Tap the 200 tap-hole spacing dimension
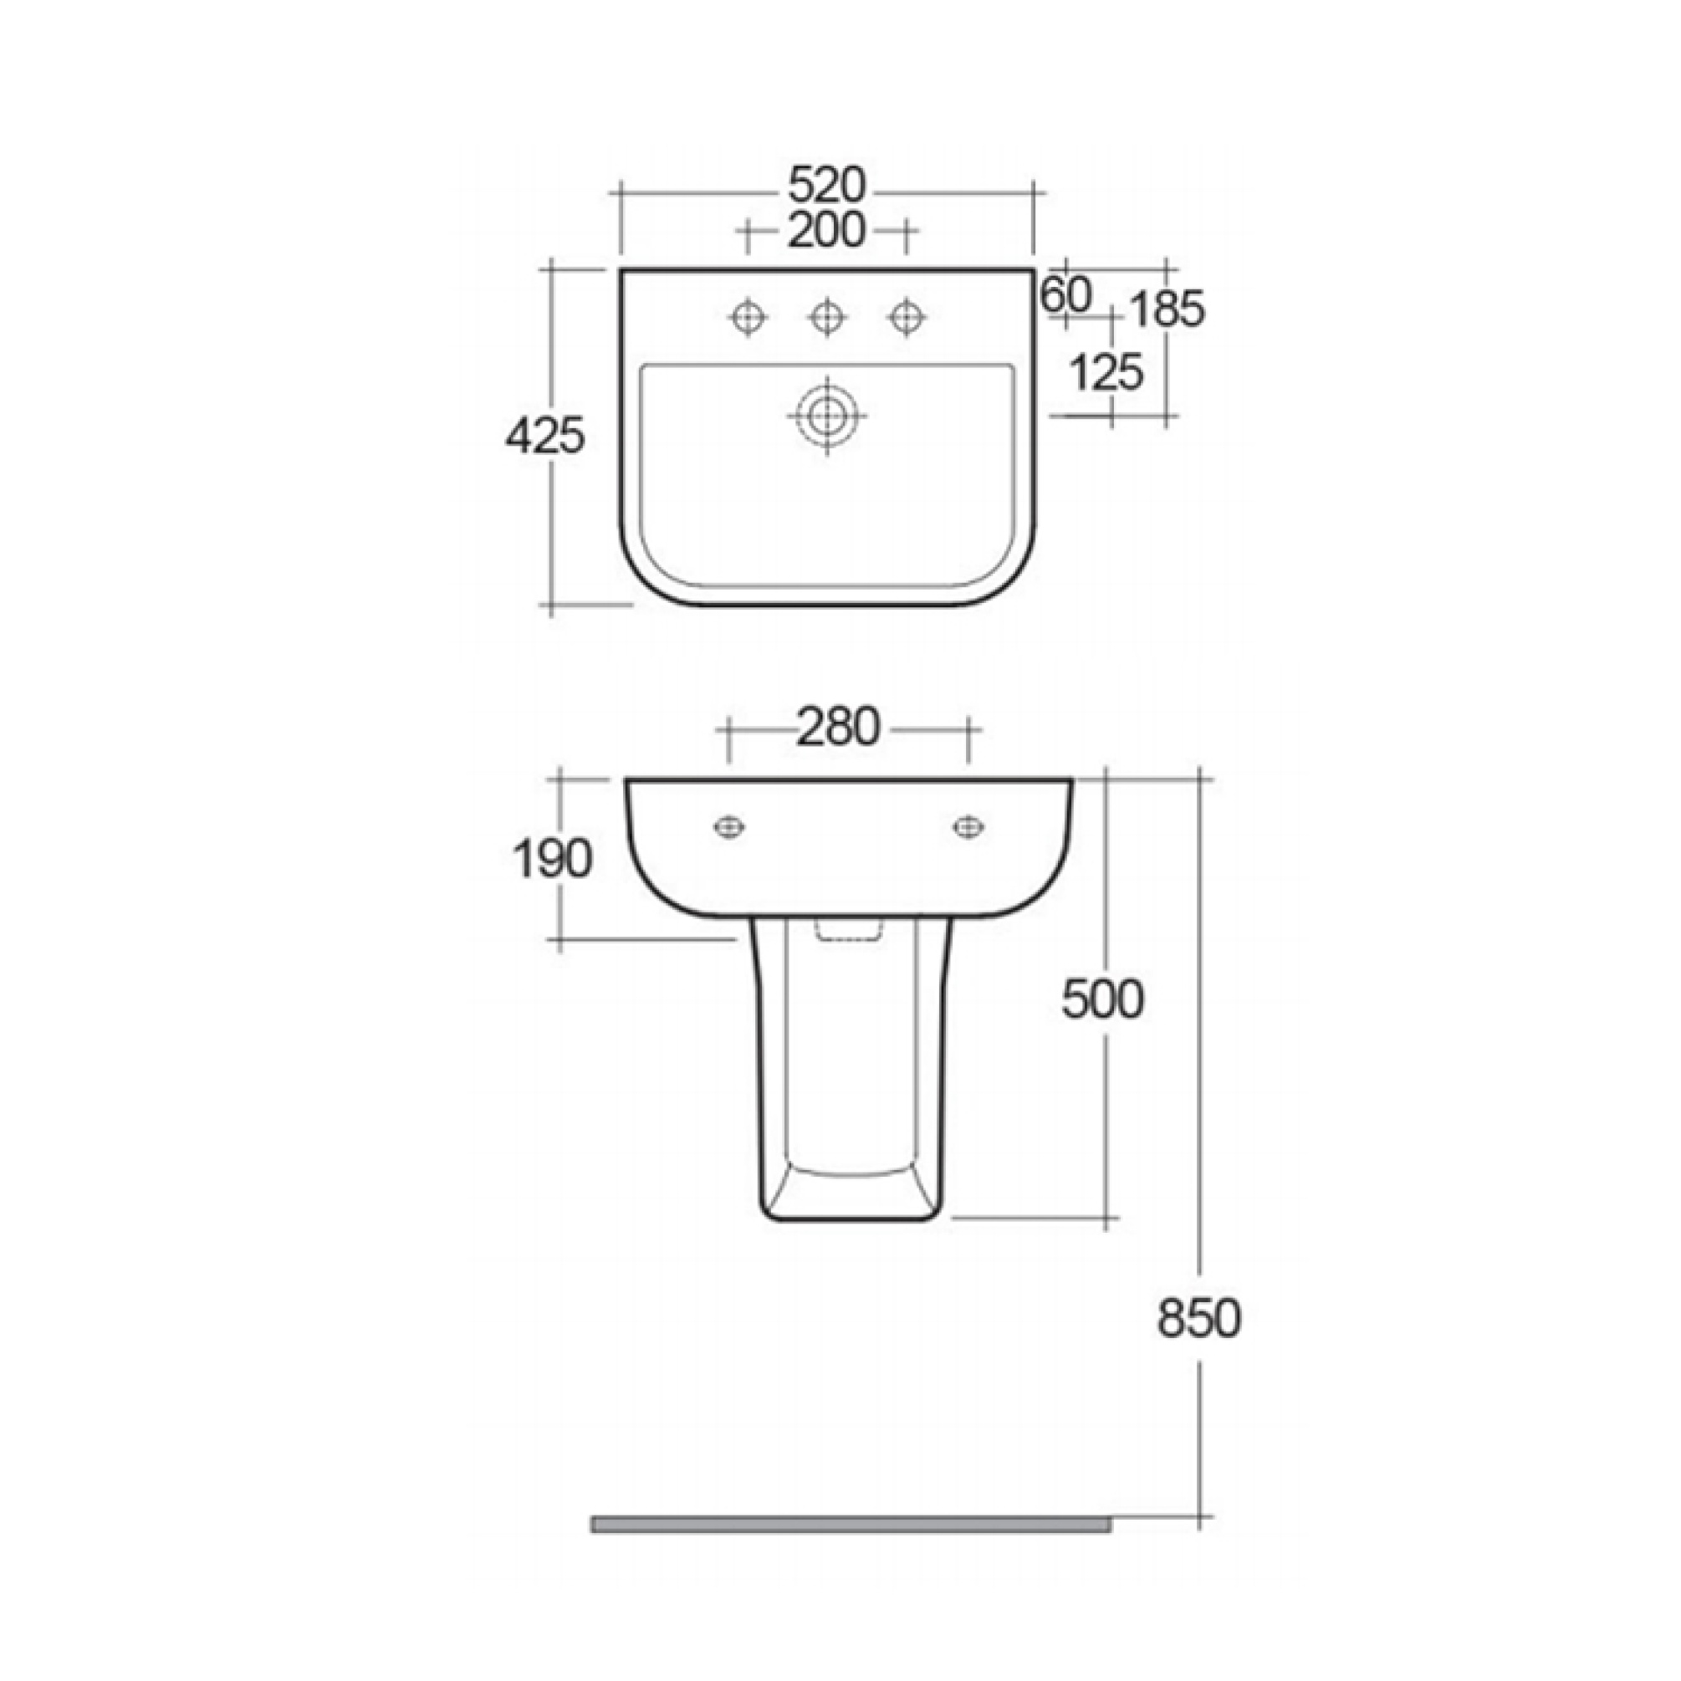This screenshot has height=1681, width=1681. (826, 231)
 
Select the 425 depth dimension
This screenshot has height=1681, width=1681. (544, 437)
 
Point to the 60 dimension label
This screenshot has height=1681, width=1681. (1065, 297)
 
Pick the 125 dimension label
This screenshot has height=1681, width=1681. (1105, 373)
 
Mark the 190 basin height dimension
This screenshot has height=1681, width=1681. (553, 860)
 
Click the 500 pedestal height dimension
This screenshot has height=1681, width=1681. (1102, 999)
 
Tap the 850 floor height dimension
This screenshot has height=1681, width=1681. (1199, 1318)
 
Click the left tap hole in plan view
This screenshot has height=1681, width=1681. (748, 318)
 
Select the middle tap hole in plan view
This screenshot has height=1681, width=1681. (826, 318)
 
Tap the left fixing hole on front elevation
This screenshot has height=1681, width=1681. (728, 826)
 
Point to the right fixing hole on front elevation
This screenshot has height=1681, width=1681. (968, 826)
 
